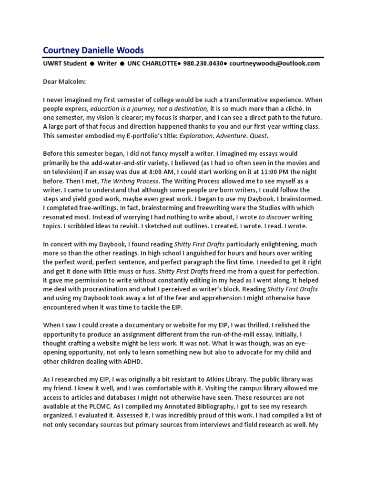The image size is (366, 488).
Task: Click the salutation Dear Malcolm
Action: click(63, 81)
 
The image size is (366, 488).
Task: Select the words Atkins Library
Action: click(222, 379)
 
